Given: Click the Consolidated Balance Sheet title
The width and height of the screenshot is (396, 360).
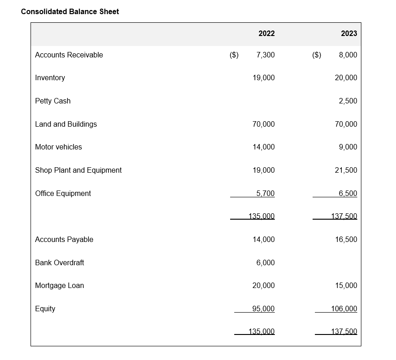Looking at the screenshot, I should (x=70, y=11).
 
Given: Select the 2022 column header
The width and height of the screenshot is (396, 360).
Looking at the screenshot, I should (x=266, y=33).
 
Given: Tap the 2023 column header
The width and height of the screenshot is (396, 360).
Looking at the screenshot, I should (x=349, y=33).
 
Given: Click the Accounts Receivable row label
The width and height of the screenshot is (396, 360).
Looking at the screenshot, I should (x=69, y=55).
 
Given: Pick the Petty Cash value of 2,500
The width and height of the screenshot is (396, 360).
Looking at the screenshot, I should (x=348, y=101).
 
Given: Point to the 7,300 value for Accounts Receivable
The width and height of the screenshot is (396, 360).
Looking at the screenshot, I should (x=266, y=55).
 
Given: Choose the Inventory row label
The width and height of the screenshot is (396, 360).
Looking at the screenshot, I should (x=50, y=77).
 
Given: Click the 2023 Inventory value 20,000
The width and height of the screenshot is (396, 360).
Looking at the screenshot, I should (x=346, y=77).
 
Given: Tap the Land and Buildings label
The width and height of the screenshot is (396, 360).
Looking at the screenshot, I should (x=66, y=124).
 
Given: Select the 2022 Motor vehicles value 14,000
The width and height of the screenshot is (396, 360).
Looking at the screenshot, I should (x=263, y=147).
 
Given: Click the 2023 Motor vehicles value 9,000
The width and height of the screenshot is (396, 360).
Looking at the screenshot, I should (x=348, y=147).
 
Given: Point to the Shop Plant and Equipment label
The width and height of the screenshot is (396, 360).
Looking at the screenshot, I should (x=78, y=170).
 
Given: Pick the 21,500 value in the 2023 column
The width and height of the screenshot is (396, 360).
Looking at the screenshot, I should (x=346, y=170).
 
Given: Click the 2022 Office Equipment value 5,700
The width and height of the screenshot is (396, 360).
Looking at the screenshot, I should (x=265, y=193).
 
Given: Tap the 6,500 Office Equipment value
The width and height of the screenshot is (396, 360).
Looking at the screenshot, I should (x=348, y=193).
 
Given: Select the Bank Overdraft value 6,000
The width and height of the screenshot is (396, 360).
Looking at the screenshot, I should (x=266, y=262).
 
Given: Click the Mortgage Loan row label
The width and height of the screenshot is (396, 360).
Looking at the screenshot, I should (x=60, y=285).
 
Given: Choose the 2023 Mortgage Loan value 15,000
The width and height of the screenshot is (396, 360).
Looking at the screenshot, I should (x=346, y=285).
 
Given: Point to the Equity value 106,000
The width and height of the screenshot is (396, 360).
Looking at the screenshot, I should (x=344, y=309).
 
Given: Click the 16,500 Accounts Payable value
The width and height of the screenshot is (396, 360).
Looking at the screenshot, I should (x=346, y=239).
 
